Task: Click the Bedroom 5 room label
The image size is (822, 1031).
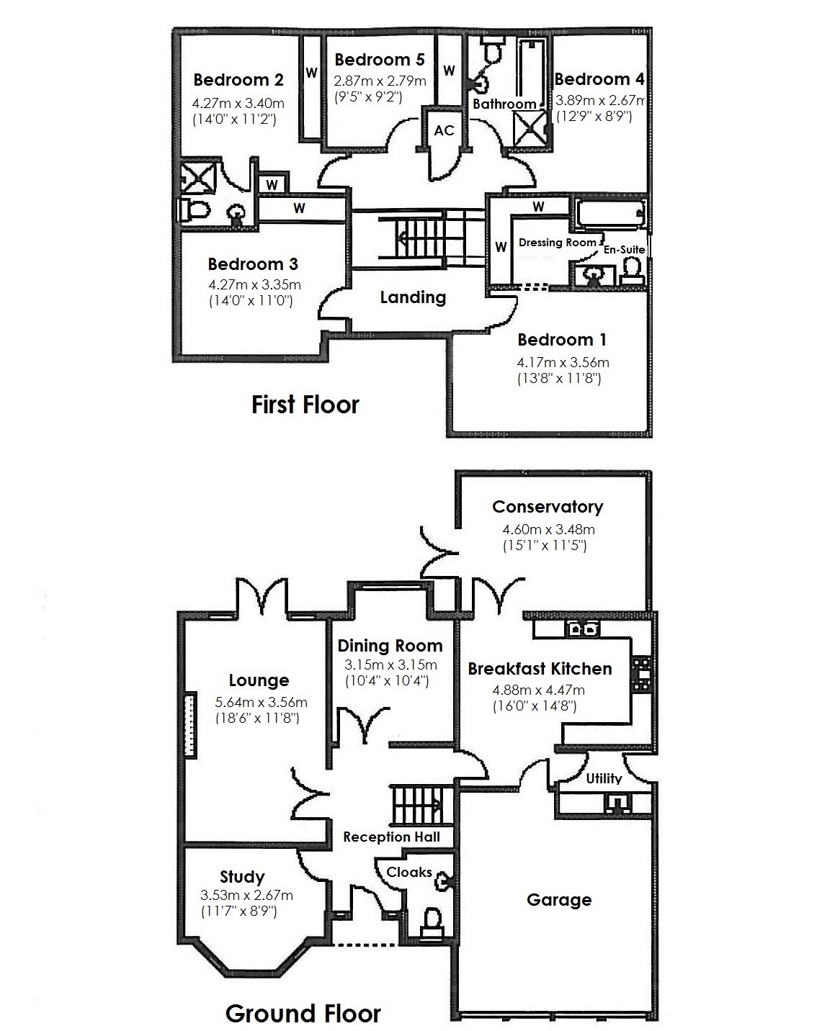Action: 379,60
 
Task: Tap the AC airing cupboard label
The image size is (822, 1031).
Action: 444,130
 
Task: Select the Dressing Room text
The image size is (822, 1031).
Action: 557,243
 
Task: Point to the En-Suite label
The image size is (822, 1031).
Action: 624,249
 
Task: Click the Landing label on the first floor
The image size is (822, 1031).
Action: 413,297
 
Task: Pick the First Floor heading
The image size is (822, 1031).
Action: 305,405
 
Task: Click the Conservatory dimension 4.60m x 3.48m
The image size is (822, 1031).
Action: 548,530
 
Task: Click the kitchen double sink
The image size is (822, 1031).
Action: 583,629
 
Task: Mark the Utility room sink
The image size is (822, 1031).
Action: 617,802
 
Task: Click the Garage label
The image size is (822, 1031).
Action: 559,900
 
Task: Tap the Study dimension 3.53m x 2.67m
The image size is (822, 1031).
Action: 246,896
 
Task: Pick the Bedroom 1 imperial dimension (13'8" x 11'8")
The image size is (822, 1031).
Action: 558,378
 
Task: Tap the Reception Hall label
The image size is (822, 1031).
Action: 391,837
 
